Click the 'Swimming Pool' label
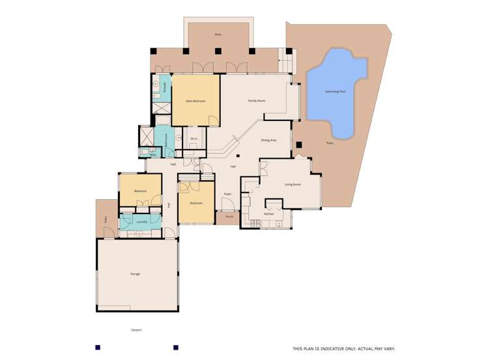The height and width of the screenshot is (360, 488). (336, 91)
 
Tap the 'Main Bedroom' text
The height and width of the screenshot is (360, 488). (195, 101)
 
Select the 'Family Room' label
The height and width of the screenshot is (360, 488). (257, 101)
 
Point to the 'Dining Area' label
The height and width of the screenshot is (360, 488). (269, 140)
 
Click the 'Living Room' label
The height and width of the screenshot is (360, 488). (293, 184)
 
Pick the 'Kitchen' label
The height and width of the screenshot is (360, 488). (268, 214)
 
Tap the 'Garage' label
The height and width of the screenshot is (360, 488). (135, 273)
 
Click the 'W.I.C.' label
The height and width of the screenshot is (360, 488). (194, 138)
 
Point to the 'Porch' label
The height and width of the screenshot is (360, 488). (229, 216)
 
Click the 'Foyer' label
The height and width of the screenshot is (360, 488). (227, 194)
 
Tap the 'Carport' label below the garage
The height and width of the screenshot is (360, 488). (136, 330)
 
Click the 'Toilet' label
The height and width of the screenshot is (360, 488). (152, 155)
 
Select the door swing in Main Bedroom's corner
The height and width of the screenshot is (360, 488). (213, 119)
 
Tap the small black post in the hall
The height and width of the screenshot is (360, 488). (238, 156)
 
